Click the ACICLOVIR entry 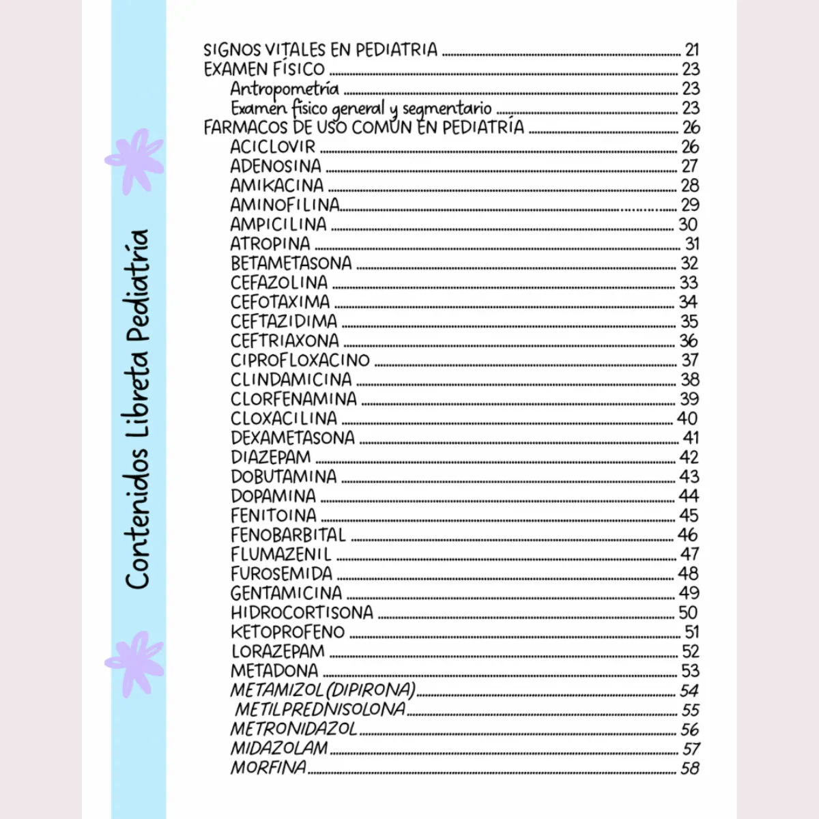coord(273,147)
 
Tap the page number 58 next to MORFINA coord(690,768)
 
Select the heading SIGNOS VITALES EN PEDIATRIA coord(321,50)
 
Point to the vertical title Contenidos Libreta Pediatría coord(137,409)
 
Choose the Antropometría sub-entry coord(284,89)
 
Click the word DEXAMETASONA coord(293,437)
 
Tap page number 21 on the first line coord(692,50)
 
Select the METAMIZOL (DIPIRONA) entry coord(323,690)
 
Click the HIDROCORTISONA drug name coord(302,612)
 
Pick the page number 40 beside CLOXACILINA coord(687,418)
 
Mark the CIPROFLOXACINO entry coord(300,360)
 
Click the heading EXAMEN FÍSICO coord(265,69)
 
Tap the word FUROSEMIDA coord(281,573)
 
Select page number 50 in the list coord(688,612)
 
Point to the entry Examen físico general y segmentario coord(361,109)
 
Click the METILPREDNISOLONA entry coord(319,710)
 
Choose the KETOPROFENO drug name coord(287,632)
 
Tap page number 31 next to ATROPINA coord(692,244)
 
